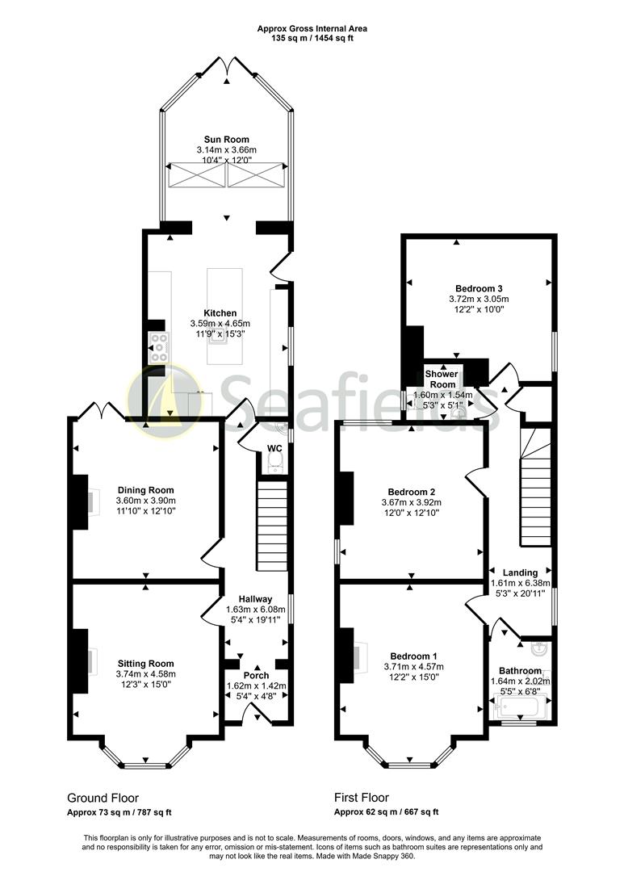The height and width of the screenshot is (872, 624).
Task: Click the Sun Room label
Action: tap(226, 139)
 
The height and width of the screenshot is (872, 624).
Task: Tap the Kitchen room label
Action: tap(220, 313)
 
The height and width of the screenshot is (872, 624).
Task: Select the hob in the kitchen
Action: tap(157, 348)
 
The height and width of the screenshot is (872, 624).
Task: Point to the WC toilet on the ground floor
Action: tap(274, 461)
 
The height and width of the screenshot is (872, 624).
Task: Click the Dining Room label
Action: tap(145, 490)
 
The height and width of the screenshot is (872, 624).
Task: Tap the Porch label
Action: tap(257, 675)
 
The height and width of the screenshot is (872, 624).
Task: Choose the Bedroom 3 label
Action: tap(479, 288)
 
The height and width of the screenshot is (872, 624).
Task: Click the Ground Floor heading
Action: tap(101, 796)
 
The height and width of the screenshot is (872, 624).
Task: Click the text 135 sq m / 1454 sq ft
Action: tap(312, 38)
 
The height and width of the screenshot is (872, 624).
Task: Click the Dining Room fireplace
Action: tap(82, 501)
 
